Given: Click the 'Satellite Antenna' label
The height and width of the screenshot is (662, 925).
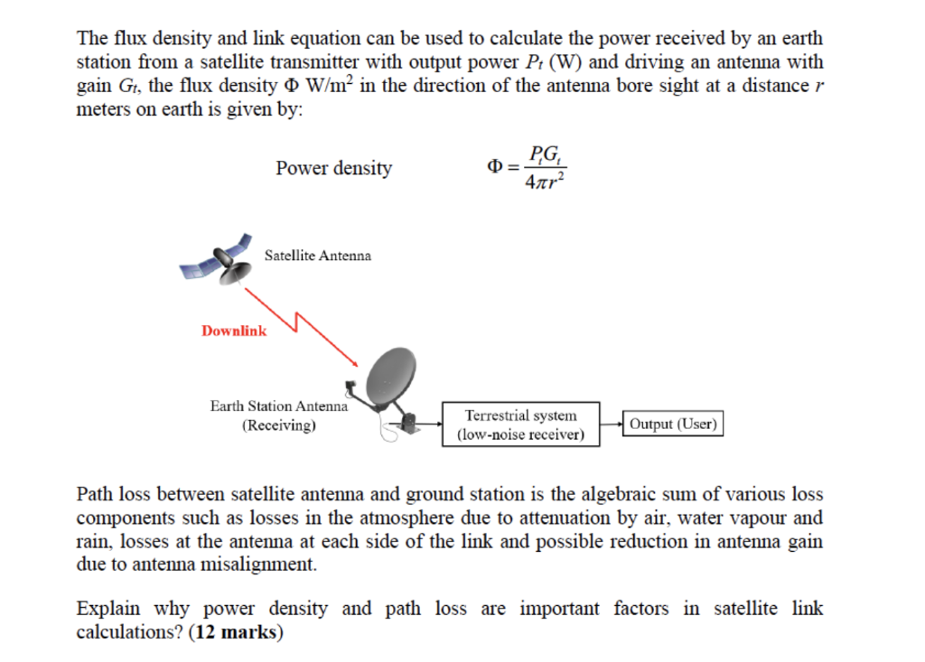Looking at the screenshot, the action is pyautogui.click(x=317, y=256).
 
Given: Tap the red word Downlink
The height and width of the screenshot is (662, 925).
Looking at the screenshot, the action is pyautogui.click(x=234, y=331).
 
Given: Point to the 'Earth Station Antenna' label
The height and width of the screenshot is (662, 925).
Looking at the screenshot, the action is pyautogui.click(x=278, y=406).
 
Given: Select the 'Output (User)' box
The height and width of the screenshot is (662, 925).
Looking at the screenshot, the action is pyautogui.click(x=674, y=424).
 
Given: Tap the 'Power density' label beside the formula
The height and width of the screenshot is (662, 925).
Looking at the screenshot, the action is pyautogui.click(x=333, y=168).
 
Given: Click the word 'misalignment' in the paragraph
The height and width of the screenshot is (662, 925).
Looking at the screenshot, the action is pyautogui.click(x=268, y=565).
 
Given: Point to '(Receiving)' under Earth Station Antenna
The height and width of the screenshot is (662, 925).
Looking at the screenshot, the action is pyautogui.click(x=278, y=424).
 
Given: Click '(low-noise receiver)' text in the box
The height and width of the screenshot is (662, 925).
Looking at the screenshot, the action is pyautogui.click(x=520, y=434).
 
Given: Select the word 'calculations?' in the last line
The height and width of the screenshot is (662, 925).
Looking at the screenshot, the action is pyautogui.click(x=130, y=632).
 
